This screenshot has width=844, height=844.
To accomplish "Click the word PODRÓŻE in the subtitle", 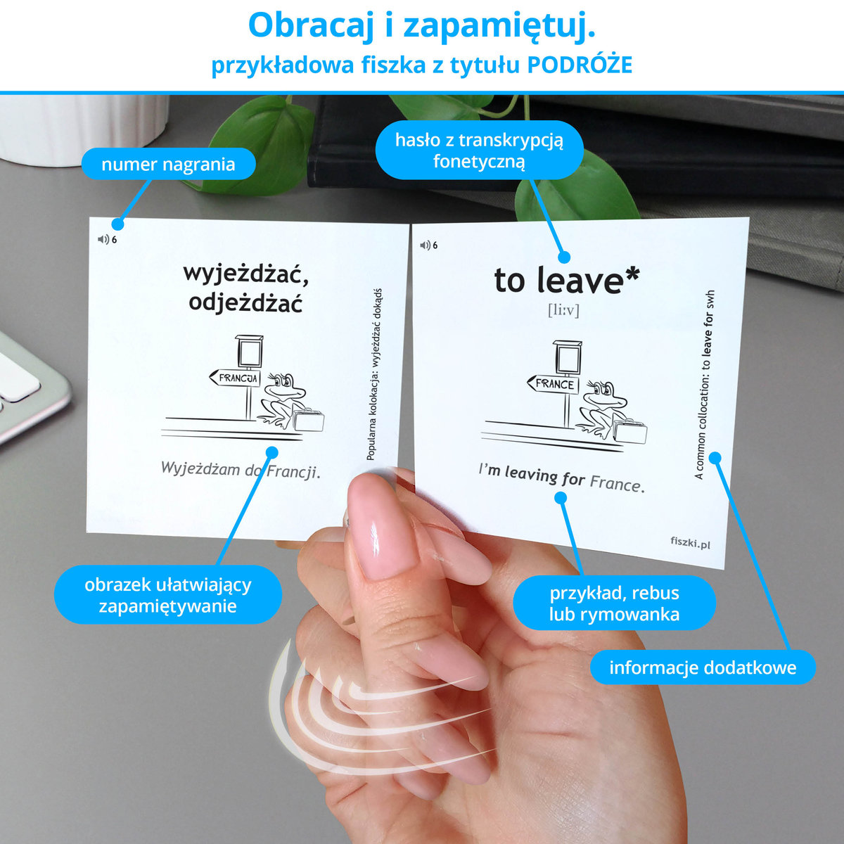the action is click(580, 65).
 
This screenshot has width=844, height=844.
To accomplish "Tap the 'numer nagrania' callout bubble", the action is click(168, 164).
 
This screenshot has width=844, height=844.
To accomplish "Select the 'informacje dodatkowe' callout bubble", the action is click(703, 667).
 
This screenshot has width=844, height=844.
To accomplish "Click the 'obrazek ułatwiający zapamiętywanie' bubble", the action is click(168, 595).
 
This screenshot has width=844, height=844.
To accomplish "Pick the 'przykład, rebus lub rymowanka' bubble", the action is click(614, 603).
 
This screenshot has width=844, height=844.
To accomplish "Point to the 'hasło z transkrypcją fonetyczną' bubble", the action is click(479, 151).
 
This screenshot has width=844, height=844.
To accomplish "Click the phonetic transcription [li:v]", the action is click(563, 310).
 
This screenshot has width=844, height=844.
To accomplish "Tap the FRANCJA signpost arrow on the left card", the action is click(235, 378).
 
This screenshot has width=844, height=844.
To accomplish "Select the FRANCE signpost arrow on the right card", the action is click(553, 384).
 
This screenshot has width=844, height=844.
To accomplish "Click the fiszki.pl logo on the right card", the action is click(690, 543).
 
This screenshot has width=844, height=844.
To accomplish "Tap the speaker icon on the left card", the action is click(103, 239).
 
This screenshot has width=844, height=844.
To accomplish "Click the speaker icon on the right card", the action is click(426, 245).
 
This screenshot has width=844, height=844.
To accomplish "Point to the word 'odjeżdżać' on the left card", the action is click(245, 301).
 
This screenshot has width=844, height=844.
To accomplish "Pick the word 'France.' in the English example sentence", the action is click(618, 483).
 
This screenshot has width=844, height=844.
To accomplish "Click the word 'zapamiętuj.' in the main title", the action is click(499, 25).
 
